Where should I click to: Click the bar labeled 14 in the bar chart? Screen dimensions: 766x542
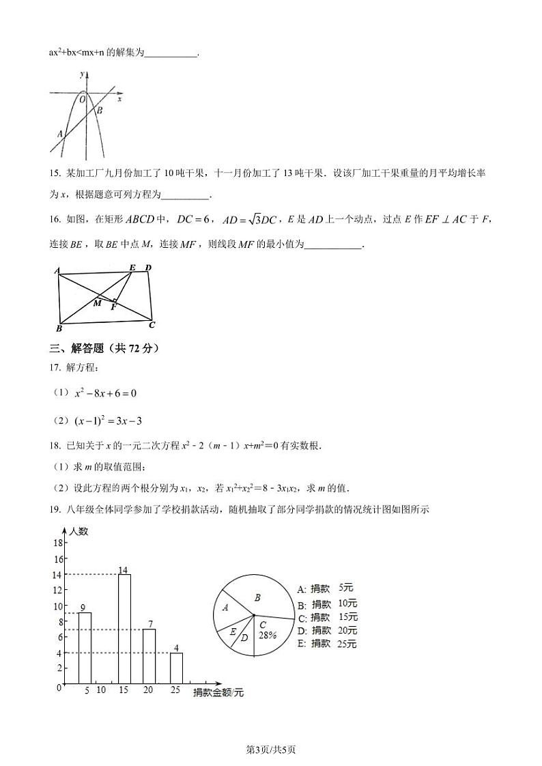[x=124, y=628]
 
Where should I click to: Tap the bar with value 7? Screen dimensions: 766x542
[x=149, y=655]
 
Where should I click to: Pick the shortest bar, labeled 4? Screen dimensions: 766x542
[x=176, y=668]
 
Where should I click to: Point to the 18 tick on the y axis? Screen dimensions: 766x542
[x=58, y=543]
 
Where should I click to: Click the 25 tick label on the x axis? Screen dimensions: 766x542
[x=175, y=690]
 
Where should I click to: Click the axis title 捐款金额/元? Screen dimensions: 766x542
[x=218, y=692]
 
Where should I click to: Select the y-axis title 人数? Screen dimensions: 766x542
[x=79, y=532]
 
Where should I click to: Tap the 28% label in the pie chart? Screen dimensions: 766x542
[x=267, y=634]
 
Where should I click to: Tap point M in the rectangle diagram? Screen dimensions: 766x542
[x=98, y=302]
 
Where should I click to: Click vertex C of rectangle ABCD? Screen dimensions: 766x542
[x=152, y=324]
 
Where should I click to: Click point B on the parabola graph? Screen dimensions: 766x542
[x=99, y=110]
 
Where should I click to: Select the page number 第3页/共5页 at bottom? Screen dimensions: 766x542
[x=271, y=750]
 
